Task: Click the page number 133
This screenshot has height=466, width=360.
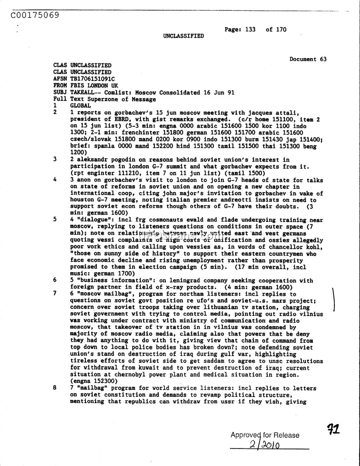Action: [250, 30]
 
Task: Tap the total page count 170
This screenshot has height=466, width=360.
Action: [281, 30]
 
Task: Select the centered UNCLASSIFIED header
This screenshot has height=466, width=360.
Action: [183, 36]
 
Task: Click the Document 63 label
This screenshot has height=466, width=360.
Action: [308, 59]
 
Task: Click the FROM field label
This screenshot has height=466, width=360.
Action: [60, 85]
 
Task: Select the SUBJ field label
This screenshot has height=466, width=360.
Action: [60, 92]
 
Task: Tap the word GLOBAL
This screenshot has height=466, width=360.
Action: [81, 106]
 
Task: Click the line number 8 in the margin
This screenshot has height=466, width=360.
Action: [55, 388]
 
